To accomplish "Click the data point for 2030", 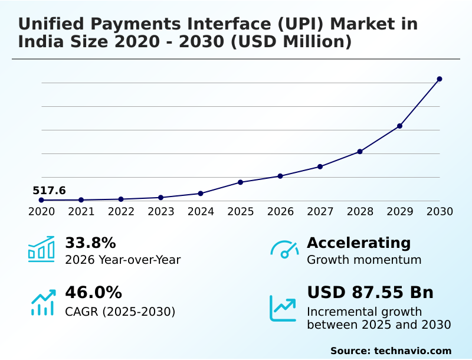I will pyautogui.click(x=440, y=79).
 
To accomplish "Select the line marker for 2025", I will pyautogui.click(x=241, y=182).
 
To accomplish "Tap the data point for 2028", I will pyautogui.click(x=360, y=152).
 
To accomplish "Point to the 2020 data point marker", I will pyautogui.click(x=41, y=200).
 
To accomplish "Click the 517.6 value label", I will pyautogui.click(x=49, y=190).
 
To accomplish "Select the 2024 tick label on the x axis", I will pyautogui.click(x=201, y=212).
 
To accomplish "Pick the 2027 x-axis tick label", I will pyautogui.click(x=320, y=212).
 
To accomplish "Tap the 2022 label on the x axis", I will pyautogui.click(x=121, y=212).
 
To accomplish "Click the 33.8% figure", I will pyautogui.click(x=90, y=243).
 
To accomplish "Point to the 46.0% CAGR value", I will pyautogui.click(x=93, y=293).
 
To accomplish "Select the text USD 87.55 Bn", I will pyautogui.click(x=370, y=293).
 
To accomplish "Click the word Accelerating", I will pyautogui.click(x=359, y=243).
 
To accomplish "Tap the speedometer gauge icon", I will pyautogui.click(x=284, y=250).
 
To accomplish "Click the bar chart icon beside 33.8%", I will pyautogui.click(x=41, y=250).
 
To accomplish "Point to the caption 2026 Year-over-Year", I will pyautogui.click(x=123, y=260).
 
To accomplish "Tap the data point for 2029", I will pyautogui.click(x=399, y=126).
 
